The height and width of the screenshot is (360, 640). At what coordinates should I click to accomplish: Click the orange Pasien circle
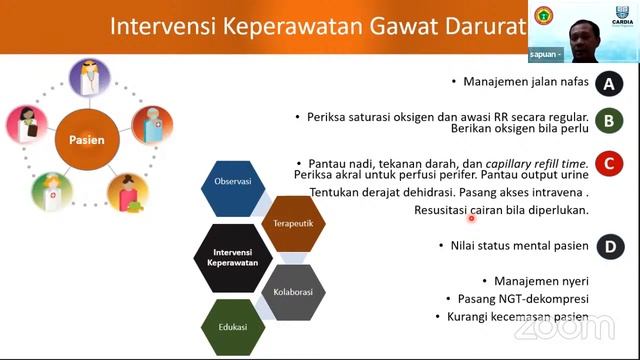[86, 141]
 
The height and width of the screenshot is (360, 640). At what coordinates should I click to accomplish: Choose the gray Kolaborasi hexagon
[295, 293]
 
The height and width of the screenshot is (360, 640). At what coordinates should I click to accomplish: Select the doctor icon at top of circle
[88, 81]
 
